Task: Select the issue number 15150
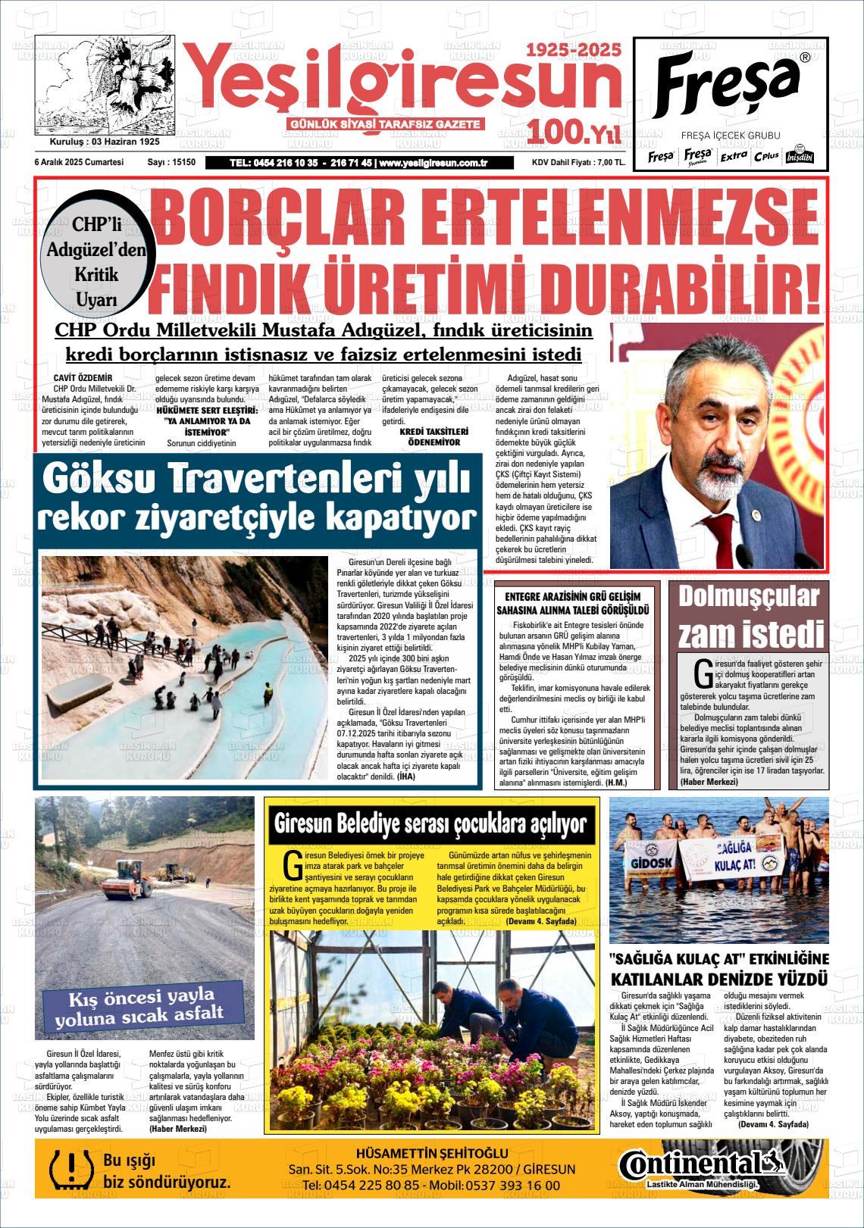point(183,162)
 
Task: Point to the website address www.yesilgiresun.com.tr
point(432,162)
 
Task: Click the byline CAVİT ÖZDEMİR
point(83,377)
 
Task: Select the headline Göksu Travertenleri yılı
point(257,478)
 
